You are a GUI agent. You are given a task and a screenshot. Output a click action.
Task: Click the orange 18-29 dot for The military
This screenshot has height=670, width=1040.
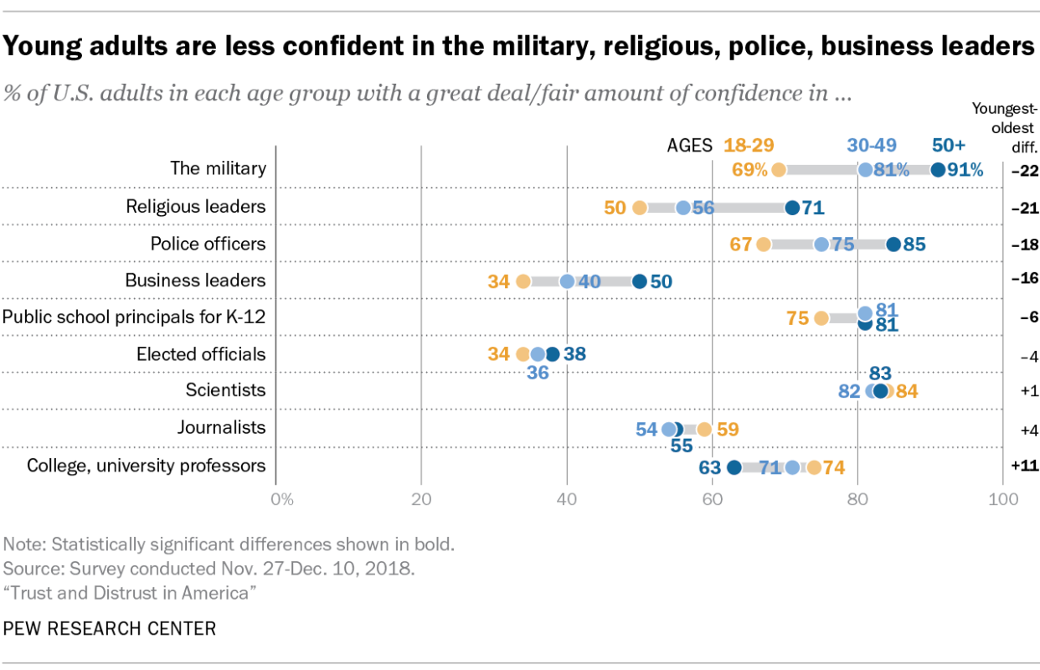pyautogui.click(x=779, y=170)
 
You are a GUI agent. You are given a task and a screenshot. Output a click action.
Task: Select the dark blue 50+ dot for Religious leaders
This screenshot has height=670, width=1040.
pyautogui.click(x=792, y=208)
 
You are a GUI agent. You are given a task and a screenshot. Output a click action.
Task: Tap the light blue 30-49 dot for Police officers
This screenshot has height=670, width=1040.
pyautogui.click(x=821, y=245)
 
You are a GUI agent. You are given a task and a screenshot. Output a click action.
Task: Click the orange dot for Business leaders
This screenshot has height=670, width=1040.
pyautogui.click(x=523, y=281)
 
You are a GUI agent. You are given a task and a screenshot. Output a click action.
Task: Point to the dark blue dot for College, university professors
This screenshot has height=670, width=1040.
pyautogui.click(x=734, y=467)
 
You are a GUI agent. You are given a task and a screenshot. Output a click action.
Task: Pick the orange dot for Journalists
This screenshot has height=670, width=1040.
pyautogui.click(x=704, y=430)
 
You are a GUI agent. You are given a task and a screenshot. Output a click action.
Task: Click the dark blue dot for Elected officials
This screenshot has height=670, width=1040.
pyautogui.click(x=552, y=354)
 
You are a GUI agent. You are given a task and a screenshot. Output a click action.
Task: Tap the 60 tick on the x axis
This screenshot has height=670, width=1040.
pyautogui.click(x=712, y=500)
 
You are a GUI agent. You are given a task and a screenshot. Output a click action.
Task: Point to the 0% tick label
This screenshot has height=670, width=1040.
pyautogui.click(x=282, y=500)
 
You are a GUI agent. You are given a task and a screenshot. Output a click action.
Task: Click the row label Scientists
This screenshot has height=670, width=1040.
pyautogui.click(x=225, y=390)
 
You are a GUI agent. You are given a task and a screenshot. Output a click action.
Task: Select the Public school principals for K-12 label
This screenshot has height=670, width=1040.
pyautogui.click(x=134, y=317)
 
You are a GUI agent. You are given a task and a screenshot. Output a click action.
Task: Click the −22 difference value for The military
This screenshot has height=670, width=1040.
pyautogui.click(x=1024, y=171)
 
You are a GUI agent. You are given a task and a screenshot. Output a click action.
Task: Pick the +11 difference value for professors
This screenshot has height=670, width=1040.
pyautogui.click(x=1024, y=466)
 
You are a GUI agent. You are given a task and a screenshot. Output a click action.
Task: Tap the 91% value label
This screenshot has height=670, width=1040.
pyautogui.click(x=965, y=170)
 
